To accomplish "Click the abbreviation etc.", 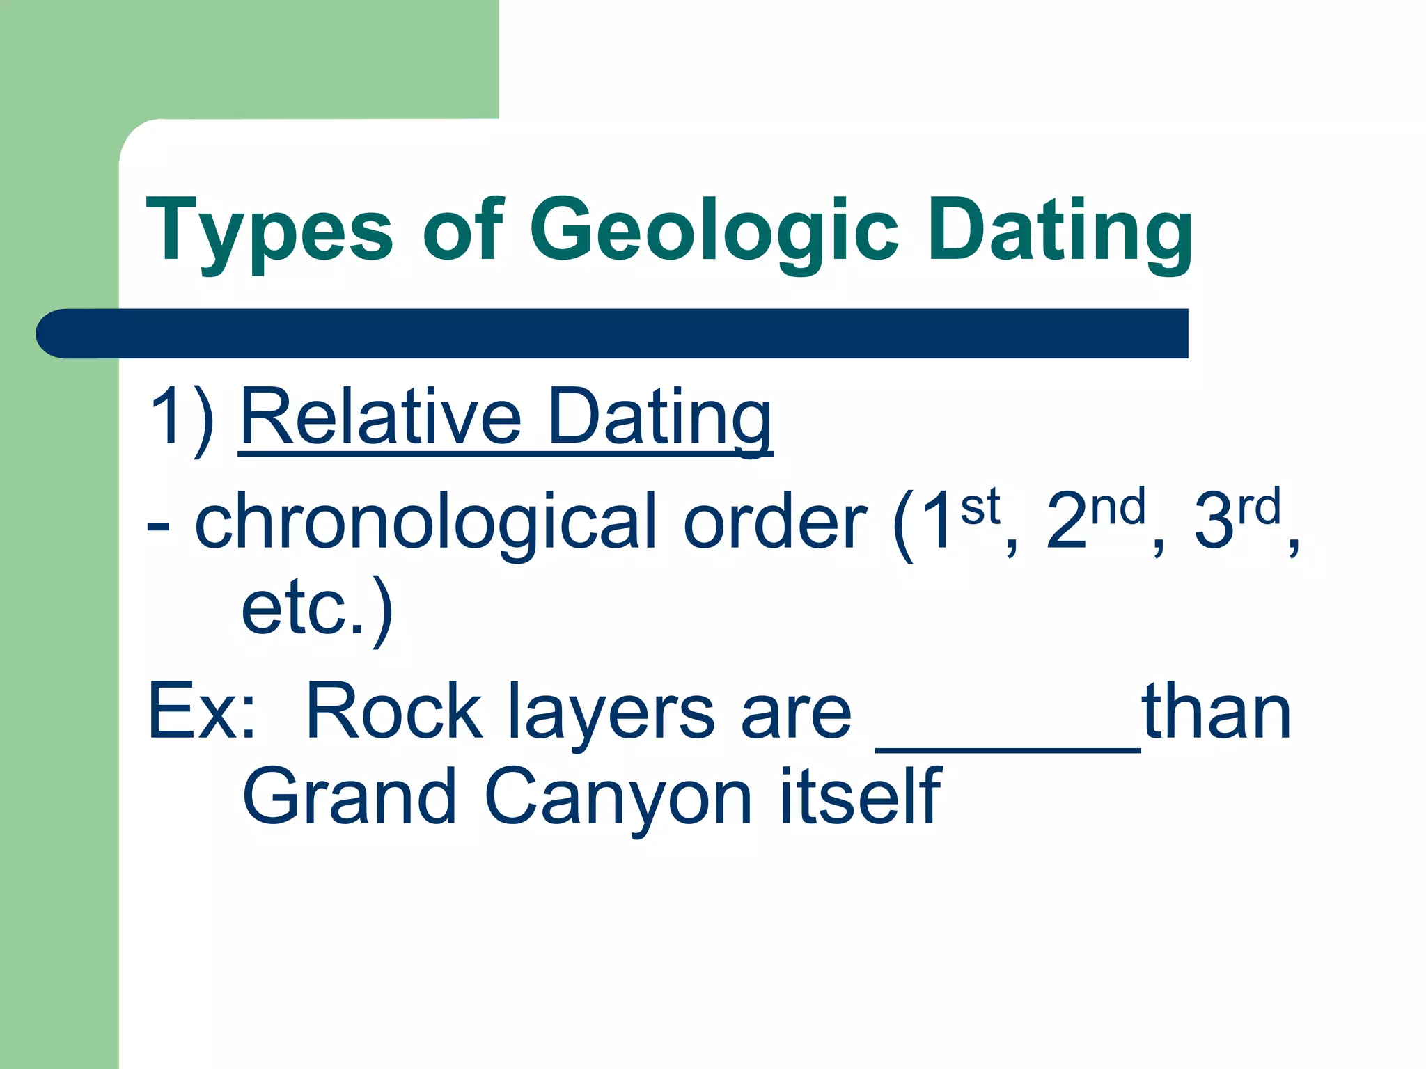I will [x=303, y=609].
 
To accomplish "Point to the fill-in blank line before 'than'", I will [x=1008, y=745].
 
